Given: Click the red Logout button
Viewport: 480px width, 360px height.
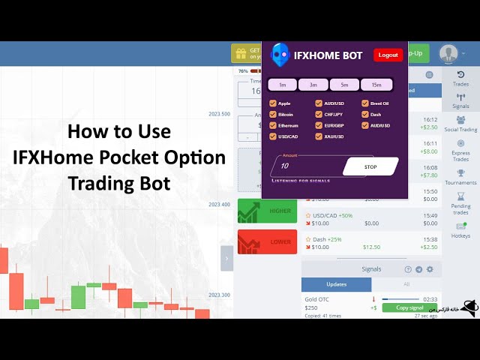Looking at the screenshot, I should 388,55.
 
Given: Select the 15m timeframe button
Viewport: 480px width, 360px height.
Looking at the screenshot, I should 376,85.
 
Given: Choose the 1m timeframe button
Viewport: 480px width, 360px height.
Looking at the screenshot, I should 283,85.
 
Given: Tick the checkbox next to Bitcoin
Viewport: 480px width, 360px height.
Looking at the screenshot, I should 273,114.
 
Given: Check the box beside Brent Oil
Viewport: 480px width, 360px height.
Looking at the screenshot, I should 365,103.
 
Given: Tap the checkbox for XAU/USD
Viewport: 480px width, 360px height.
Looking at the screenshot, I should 319,136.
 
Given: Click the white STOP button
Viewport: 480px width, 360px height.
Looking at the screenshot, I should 370,166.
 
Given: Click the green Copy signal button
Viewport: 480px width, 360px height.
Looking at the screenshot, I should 409,307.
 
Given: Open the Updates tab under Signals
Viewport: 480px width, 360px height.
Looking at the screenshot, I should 336,284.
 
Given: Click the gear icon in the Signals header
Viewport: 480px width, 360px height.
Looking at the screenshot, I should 430,269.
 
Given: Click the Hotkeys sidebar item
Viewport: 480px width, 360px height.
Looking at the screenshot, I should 460,228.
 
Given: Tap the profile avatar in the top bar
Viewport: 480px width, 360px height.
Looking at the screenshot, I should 448,53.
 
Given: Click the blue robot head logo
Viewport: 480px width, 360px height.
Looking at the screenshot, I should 280,55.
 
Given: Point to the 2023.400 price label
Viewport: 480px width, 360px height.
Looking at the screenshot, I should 219,204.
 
